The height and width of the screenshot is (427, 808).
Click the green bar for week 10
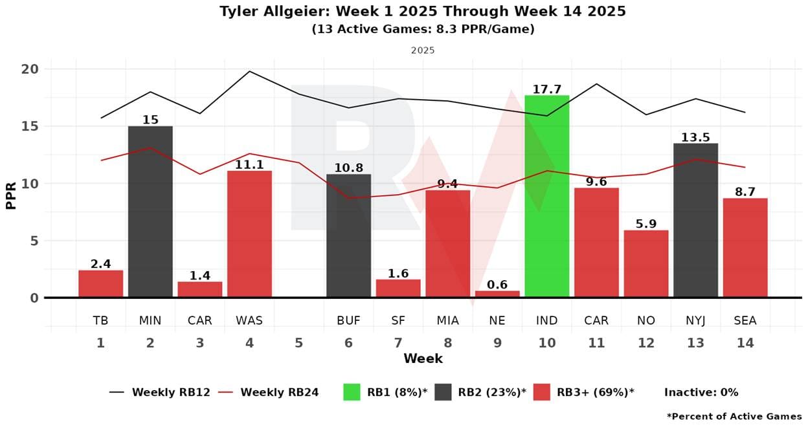point(546,197)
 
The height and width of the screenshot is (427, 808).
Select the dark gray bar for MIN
point(150,212)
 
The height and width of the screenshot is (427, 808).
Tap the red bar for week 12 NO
point(645,264)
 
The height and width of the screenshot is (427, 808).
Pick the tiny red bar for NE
point(497,294)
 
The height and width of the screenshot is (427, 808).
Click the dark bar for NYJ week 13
point(695,221)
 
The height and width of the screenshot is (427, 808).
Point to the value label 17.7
point(546,89)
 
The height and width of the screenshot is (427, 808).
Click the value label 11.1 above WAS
point(249,165)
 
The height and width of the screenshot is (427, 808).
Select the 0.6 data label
point(497,285)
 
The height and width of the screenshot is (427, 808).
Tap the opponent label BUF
point(348,320)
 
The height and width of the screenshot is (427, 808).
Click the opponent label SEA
point(745,320)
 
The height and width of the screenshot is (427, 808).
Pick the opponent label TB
point(100,320)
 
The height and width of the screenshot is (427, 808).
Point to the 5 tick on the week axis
point(298,343)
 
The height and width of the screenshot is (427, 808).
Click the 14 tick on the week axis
point(745,343)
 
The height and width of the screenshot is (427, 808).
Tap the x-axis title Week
point(423,358)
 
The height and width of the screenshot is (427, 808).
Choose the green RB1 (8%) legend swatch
point(352,392)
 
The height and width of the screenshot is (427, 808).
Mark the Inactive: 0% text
point(701,392)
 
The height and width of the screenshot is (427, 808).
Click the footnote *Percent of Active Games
point(734,416)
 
